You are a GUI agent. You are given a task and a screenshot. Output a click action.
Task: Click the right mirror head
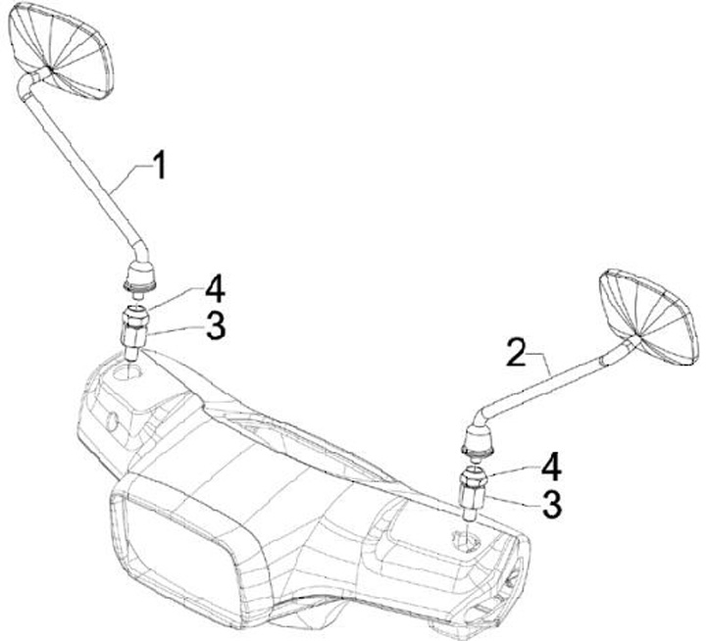647,316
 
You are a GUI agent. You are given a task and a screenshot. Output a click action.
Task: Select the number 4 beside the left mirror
216,290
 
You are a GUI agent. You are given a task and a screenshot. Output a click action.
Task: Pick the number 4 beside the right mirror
552,464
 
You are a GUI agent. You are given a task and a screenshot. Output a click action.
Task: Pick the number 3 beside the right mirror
553,504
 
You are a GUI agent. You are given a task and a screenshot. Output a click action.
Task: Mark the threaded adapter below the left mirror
134,327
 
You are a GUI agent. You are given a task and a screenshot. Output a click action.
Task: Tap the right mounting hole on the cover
463,536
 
